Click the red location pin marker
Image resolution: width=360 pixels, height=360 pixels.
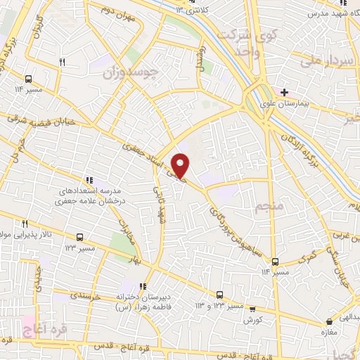[181, 165]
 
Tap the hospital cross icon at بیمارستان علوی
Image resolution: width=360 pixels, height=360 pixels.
[283, 93]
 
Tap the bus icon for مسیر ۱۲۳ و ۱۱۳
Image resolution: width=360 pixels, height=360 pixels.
[219, 295]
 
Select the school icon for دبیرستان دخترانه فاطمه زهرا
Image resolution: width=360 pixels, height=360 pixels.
[143, 286]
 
